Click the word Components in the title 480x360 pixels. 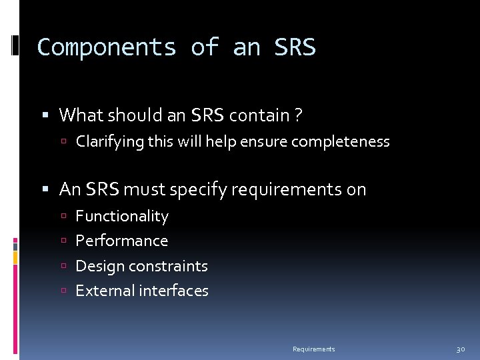107,47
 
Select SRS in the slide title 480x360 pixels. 295,47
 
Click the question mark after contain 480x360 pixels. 297,115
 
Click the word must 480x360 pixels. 146,189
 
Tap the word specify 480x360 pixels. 198,190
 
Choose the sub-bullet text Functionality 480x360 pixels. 122,216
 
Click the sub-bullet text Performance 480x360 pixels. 122,241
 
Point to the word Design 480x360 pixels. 99,266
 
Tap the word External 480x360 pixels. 103,291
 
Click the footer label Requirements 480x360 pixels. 314,349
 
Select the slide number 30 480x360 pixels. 460,349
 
